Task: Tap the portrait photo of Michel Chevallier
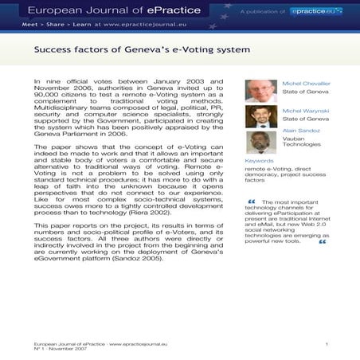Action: [x=260, y=91]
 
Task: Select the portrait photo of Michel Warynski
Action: [x=260, y=116]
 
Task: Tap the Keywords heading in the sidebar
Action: [x=259, y=161]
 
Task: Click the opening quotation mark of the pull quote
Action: [x=252, y=202]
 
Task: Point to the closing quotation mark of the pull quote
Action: [x=323, y=241]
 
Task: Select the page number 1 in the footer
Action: [x=327, y=342]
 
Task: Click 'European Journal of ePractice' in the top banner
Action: [x=100, y=10]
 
